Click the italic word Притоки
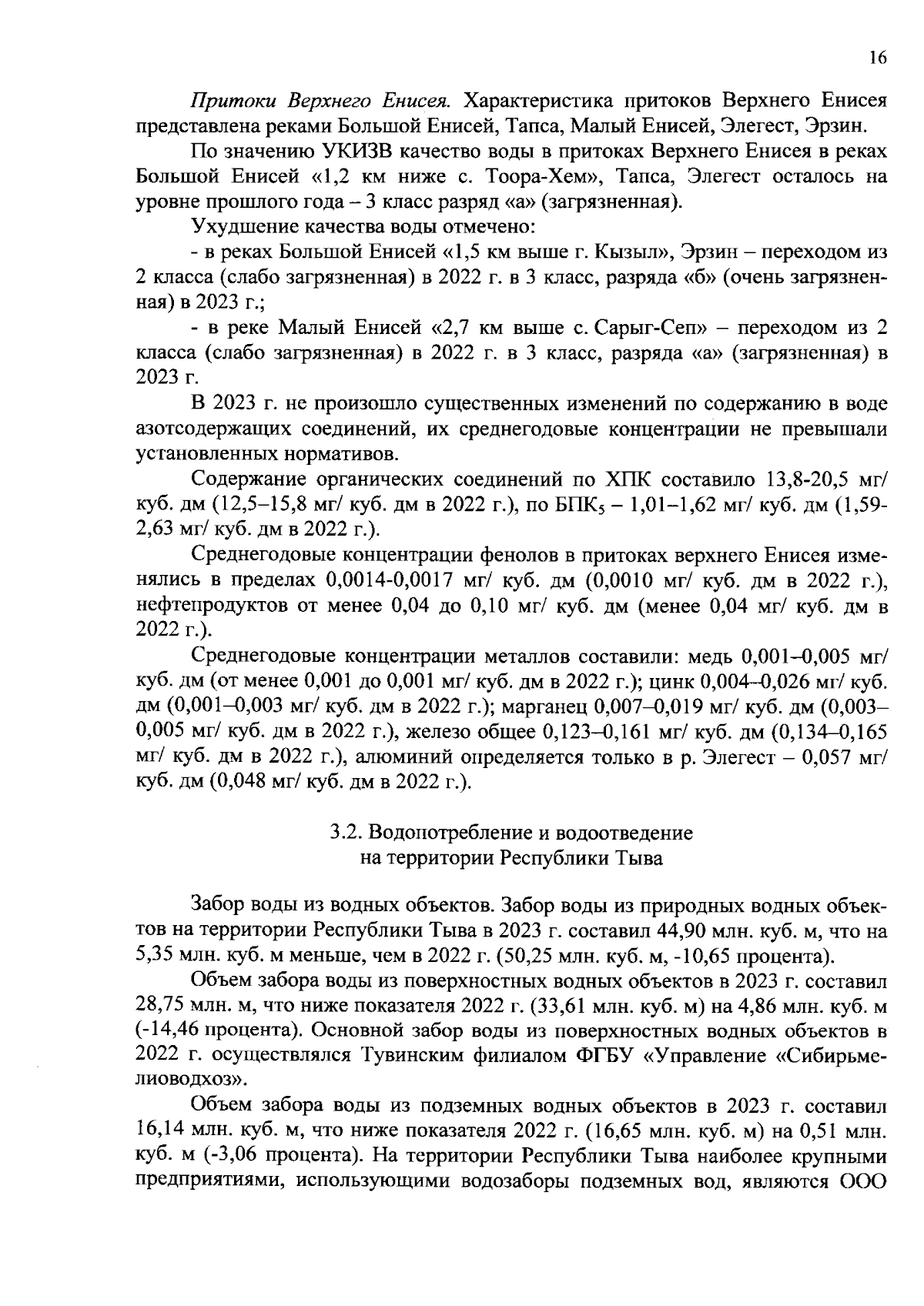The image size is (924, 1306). tap(236, 102)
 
